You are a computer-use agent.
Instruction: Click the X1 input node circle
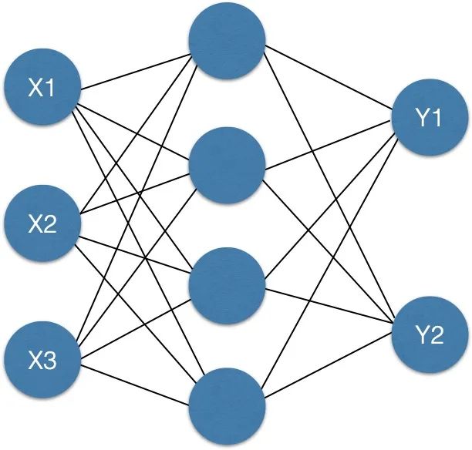coord(42,89)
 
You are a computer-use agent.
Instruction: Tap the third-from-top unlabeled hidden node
coord(228,285)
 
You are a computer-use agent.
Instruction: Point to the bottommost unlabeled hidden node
coord(228,405)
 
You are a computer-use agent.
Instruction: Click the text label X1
coord(42,89)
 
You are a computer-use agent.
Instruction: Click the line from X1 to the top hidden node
coord(135,69)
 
